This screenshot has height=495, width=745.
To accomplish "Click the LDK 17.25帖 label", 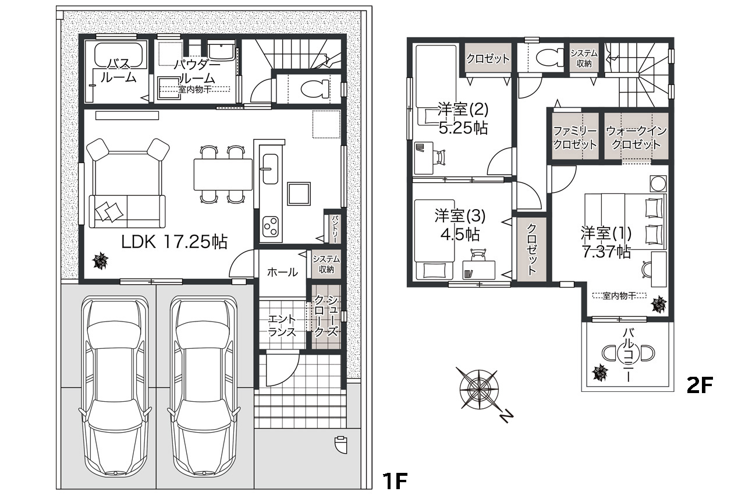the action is click(x=174, y=242).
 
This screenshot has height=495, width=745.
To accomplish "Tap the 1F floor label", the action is click(x=395, y=480).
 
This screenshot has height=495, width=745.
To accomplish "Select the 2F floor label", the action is click(x=700, y=386).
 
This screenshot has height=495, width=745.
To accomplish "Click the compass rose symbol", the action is click(x=480, y=389).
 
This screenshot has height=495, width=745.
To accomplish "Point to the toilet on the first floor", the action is click(x=315, y=89).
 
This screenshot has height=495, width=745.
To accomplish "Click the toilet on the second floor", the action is click(x=549, y=57).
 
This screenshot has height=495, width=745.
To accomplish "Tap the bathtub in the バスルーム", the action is click(x=118, y=55).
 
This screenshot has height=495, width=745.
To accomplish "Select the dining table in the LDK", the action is click(x=223, y=174).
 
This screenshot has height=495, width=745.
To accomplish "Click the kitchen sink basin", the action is click(x=270, y=169).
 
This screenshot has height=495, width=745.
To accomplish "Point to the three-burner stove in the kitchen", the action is click(x=271, y=226).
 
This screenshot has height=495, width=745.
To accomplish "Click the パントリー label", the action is click(x=335, y=228).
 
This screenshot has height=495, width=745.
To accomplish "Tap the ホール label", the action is click(x=282, y=273).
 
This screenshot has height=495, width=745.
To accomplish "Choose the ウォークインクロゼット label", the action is click(x=636, y=137).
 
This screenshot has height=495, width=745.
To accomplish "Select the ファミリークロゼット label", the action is click(x=574, y=137).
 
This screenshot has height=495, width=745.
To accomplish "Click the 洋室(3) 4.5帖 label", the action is click(x=460, y=225).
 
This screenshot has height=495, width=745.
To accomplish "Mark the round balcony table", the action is click(x=627, y=353).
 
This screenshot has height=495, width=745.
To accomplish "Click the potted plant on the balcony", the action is click(x=601, y=373).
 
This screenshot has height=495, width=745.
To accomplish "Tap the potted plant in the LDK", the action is click(x=100, y=260).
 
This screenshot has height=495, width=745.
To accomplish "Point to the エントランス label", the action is click(x=282, y=326).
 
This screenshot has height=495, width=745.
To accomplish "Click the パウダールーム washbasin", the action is click(x=222, y=52).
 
